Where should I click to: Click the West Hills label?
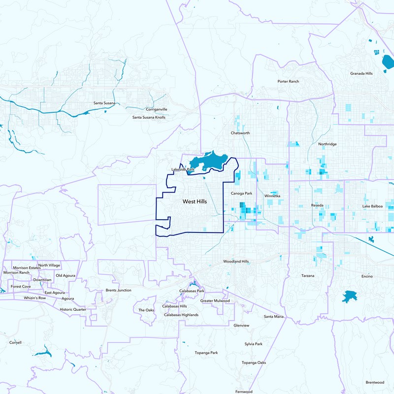coord(195,201)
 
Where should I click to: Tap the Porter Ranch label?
coord(288,81)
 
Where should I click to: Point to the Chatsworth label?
coord(240,133)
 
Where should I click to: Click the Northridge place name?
coord(328,144)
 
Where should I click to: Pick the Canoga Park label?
coord(241,194)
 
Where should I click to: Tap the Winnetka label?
coord(272,196)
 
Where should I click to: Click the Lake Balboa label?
coord(373,206)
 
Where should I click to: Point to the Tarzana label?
coord(307,276)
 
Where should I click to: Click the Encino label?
coord(367,276)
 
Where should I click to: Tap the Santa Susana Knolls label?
coord(149,118)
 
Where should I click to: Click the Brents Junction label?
coord(119,290)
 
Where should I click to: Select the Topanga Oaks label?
coord(254,363)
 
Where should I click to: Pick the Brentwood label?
coord(375,382)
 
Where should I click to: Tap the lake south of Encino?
coord(351,296)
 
